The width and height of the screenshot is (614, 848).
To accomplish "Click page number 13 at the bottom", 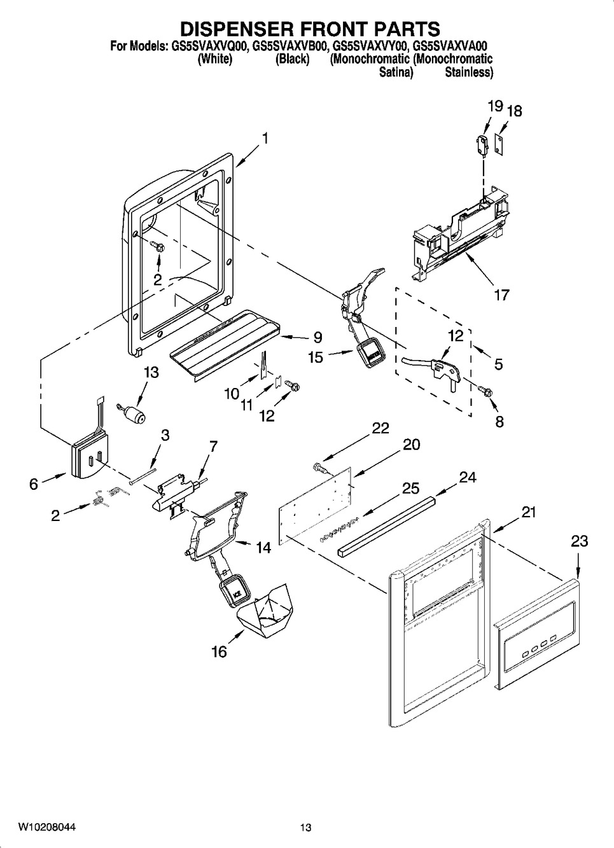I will point(306,828).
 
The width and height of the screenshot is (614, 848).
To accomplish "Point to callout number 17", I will point(501,295).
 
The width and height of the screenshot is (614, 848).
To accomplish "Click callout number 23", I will point(578,541).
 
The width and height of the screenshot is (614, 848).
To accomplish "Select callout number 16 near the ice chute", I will point(219,652).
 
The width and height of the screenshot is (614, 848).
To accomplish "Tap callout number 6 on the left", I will point(34,483).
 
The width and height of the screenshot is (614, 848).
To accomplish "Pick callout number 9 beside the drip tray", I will point(317,338).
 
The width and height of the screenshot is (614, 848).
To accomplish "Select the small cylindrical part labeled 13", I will point(135,416).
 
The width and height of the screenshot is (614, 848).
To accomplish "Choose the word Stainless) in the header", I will point(469,73).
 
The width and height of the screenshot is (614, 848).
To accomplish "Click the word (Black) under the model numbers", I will point(292,59).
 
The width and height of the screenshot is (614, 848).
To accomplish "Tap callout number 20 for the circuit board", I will point(411,444).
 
